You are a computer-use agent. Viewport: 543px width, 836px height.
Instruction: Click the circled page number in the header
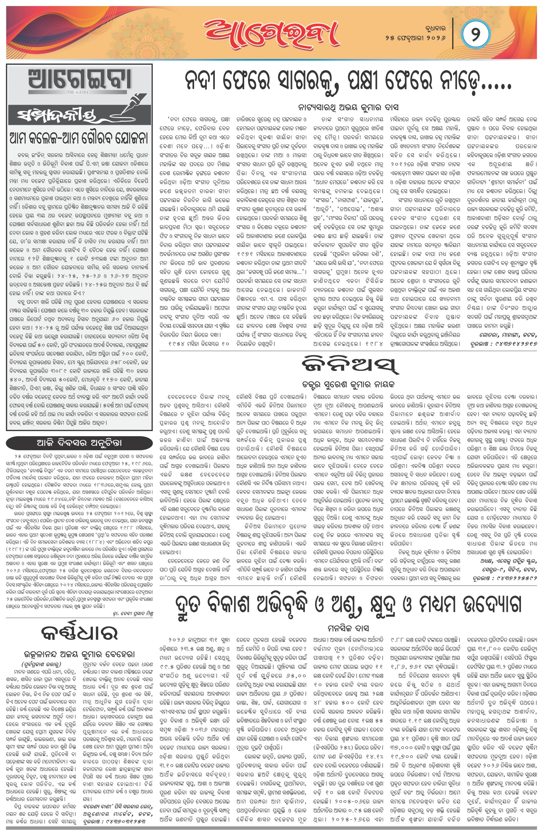coord(475,35)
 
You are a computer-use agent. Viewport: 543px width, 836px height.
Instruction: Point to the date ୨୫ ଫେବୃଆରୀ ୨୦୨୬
coord(415,38)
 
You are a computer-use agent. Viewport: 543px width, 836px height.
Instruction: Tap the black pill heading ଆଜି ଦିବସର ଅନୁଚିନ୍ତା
coord(79,442)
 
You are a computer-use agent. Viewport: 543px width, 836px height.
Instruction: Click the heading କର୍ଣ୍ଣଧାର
coord(79,633)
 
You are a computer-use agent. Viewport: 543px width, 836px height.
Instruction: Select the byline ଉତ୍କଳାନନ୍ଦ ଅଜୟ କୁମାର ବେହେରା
coord(79,654)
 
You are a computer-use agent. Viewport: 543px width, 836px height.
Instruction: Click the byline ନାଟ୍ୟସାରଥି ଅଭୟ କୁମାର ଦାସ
coord(348,107)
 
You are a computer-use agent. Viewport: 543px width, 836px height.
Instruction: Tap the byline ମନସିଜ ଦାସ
coord(348,628)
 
